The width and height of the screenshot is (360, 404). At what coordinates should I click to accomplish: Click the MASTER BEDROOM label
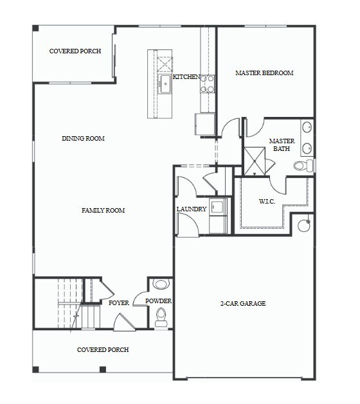point(264,73)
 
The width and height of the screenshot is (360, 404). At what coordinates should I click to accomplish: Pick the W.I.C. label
point(267,202)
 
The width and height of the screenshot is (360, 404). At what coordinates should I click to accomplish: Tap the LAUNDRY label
point(192,209)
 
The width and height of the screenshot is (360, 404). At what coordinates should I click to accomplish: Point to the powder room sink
point(160,284)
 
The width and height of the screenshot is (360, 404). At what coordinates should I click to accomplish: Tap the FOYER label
point(119,303)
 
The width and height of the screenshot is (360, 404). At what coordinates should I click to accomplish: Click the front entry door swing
point(124,323)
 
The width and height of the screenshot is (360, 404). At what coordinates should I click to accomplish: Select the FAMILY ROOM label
point(103,211)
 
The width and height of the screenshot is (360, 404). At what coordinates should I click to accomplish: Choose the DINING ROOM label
point(83,139)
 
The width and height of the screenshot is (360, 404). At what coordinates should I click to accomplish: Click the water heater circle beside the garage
point(303,225)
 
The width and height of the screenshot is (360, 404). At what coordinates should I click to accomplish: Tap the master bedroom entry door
point(230,128)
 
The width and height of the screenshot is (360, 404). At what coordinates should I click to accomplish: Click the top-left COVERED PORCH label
point(75,51)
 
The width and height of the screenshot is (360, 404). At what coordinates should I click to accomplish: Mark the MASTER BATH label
point(282,145)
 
